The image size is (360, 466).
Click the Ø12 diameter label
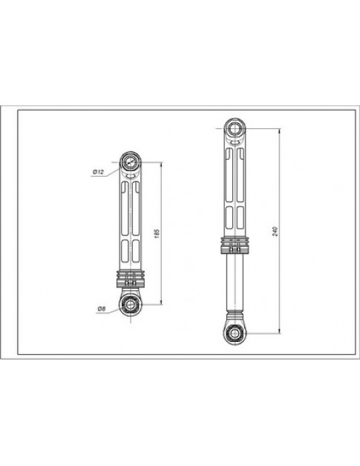[97, 172]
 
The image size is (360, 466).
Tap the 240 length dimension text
[275, 230]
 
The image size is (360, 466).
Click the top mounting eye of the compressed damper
[130, 160]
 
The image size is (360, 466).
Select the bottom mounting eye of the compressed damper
[132, 304]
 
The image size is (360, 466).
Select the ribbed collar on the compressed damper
[131, 279]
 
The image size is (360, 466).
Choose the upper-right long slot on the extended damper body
[241, 174]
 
